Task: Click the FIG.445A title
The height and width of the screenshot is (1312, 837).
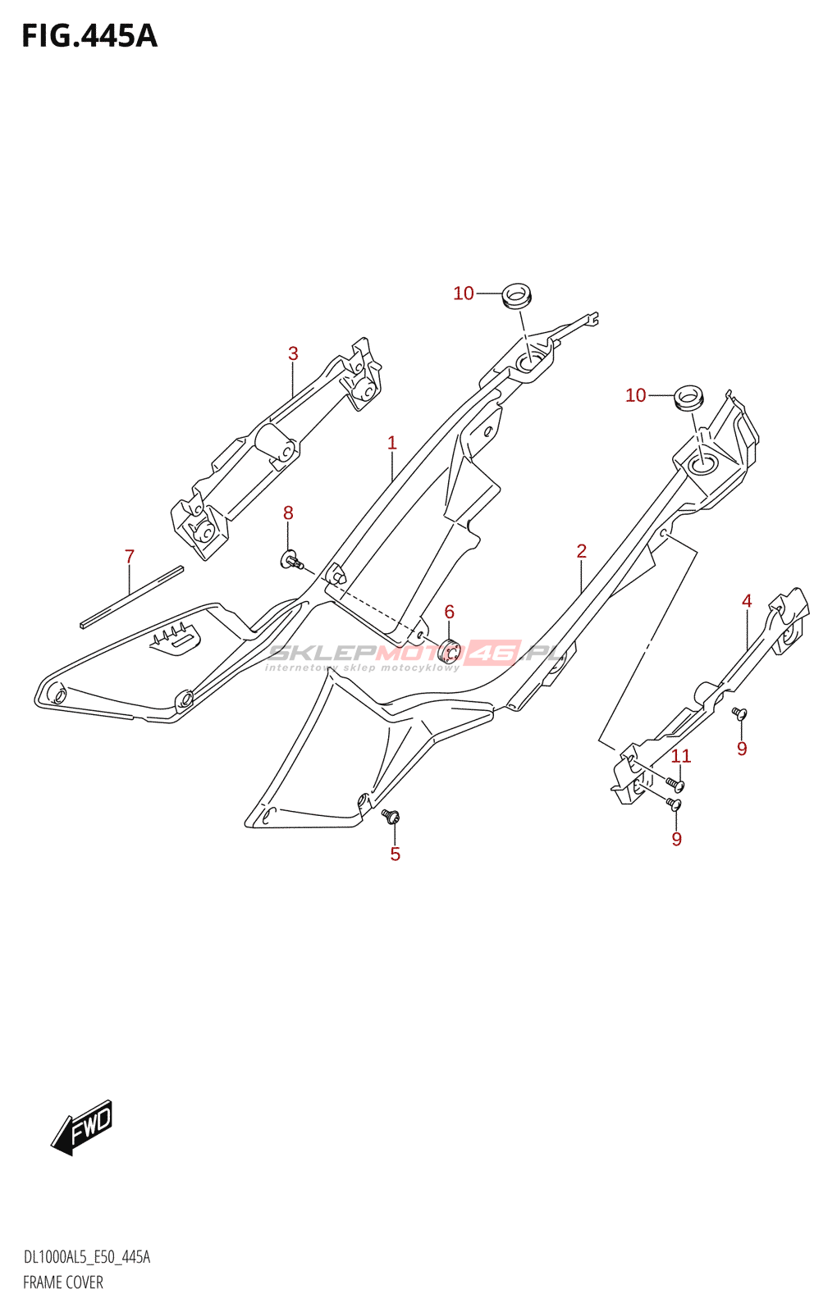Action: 89,36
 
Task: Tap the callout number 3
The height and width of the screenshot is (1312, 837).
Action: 293,353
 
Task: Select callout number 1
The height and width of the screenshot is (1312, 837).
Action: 392,443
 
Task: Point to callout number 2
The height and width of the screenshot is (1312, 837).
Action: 582,550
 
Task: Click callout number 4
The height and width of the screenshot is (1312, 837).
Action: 747,600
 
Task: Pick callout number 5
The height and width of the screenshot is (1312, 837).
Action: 396,854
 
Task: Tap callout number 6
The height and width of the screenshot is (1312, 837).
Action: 450,612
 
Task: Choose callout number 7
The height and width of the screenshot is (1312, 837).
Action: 130,556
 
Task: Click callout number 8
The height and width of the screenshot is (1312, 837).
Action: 288,513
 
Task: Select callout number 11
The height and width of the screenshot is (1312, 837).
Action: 681,756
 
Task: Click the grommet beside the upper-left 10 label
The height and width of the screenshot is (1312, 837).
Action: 517,294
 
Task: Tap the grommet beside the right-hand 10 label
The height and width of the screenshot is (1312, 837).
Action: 689,397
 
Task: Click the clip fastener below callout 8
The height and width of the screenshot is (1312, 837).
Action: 291,561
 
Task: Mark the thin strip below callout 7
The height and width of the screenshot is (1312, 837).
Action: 132,597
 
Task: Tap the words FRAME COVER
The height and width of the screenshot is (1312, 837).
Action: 63,1282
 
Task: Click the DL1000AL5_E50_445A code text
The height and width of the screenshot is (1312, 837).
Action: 87,1257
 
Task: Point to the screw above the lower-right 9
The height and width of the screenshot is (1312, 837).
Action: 675,804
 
